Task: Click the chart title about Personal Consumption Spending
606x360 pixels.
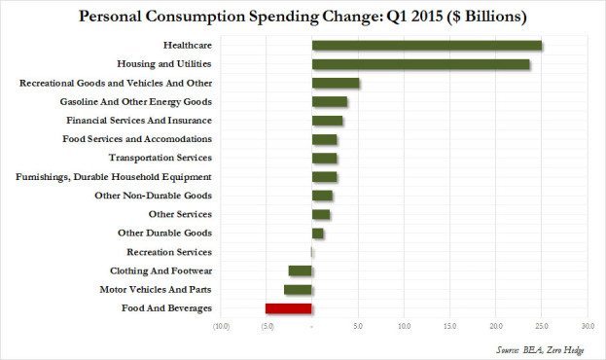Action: point(303,17)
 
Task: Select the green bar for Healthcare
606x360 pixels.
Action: point(426,46)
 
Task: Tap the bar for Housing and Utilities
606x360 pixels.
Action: point(420,64)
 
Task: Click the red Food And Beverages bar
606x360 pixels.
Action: point(288,308)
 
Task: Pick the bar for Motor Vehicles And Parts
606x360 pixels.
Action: point(298,290)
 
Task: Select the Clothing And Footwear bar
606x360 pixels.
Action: point(300,270)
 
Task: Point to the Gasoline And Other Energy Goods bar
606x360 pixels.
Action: point(330,102)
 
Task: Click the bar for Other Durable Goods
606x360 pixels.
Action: point(317,234)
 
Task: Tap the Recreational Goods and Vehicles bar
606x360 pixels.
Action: point(336,84)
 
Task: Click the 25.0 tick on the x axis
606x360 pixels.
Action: point(542,326)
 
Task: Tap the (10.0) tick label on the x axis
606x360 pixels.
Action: point(221,326)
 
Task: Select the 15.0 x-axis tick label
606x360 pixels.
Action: point(450,326)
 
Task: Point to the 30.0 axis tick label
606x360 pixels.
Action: point(588,326)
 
